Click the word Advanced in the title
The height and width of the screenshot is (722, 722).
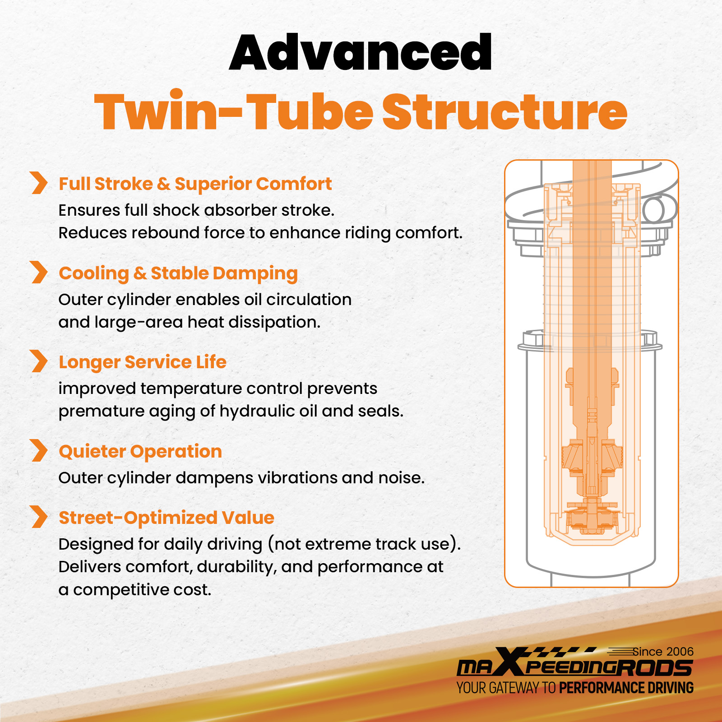[x=361, y=52]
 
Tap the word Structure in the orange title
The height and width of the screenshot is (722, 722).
[x=505, y=111]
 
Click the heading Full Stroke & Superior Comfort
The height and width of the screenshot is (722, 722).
[x=195, y=184]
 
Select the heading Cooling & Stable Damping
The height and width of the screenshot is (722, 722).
[x=178, y=273]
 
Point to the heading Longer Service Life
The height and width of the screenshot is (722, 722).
[x=143, y=362]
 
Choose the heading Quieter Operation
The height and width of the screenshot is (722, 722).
[x=140, y=452]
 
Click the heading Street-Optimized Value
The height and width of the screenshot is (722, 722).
[x=167, y=518]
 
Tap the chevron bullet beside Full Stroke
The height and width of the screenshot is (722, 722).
[x=39, y=183]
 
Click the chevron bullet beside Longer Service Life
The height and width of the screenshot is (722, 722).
[x=39, y=361]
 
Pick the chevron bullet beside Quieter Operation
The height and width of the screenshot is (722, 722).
[x=39, y=450]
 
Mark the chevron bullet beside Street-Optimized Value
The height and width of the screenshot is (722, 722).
[x=39, y=517]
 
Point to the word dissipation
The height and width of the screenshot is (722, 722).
[x=277, y=323]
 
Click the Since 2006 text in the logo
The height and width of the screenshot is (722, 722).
[x=663, y=652]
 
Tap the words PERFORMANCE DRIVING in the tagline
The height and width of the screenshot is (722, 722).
[x=626, y=688]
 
